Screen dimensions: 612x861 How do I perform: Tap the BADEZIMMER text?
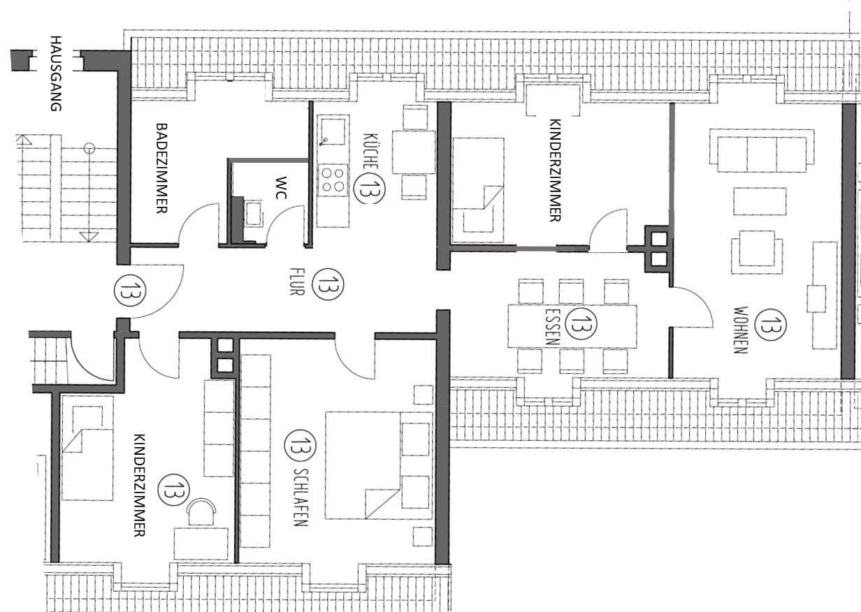161,168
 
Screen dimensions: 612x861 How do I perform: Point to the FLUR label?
295,280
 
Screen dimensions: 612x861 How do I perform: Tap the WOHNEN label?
741,330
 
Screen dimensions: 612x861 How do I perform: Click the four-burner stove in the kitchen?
333,179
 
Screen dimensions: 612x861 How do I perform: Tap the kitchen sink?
332,131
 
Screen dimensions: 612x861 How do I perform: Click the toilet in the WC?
251,213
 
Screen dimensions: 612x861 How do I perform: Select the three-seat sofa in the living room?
762,150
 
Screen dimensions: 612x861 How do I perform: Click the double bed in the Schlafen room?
379,465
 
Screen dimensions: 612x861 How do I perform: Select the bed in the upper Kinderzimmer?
479,185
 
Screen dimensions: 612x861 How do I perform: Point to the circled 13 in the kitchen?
368,187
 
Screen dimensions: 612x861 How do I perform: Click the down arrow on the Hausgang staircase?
89,236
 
